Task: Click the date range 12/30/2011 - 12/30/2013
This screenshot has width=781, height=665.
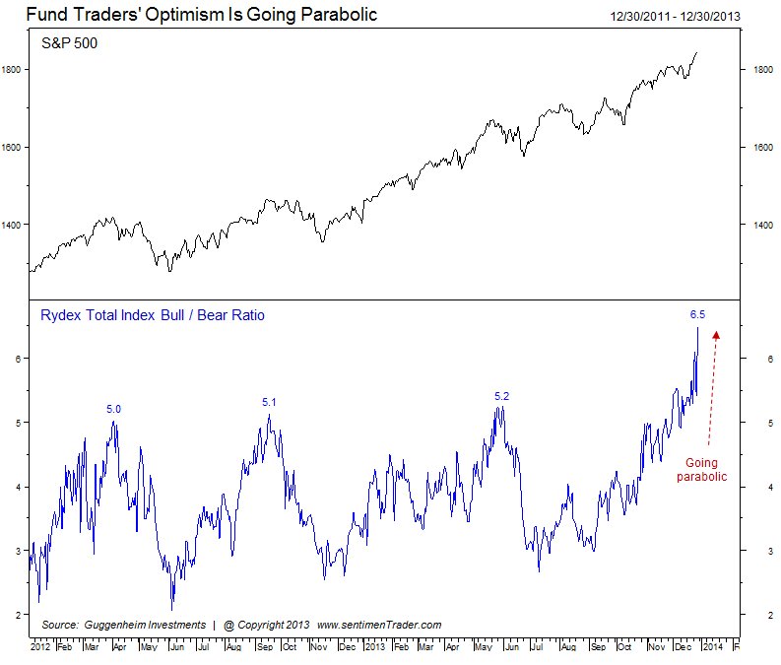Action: pyautogui.click(x=676, y=16)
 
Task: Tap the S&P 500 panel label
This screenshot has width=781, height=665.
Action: pyautogui.click(x=69, y=44)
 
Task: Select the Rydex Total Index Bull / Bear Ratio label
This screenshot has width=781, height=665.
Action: pyautogui.click(x=153, y=315)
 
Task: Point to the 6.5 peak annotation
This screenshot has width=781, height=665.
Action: pyautogui.click(x=697, y=314)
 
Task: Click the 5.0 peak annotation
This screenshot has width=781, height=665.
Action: pyautogui.click(x=114, y=408)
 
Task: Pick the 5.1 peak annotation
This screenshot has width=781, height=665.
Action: pyautogui.click(x=270, y=402)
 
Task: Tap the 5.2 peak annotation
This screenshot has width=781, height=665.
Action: pyautogui.click(x=502, y=396)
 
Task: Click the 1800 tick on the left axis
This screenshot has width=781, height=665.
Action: pyautogui.click(x=13, y=70)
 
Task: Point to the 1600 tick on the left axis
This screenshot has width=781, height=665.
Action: pyautogui.click(x=13, y=147)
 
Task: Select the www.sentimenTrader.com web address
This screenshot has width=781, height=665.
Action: pyautogui.click(x=379, y=625)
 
